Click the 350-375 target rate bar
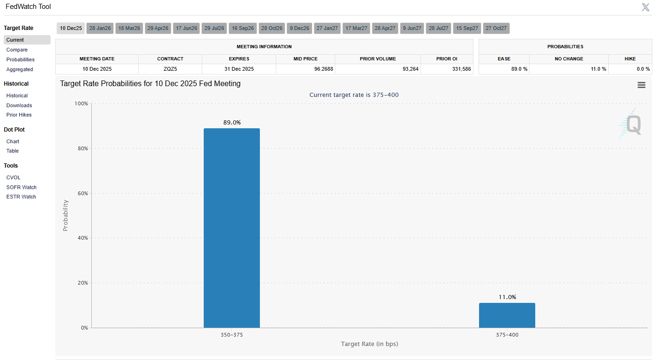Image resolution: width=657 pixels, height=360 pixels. [231, 228]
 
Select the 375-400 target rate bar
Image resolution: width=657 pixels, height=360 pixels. [507, 315]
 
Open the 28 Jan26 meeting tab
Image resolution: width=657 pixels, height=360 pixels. [100, 28]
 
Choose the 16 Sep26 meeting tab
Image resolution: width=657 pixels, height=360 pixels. [243, 28]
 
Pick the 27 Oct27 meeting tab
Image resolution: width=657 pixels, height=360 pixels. [496, 28]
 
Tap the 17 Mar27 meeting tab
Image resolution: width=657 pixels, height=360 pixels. [356, 28]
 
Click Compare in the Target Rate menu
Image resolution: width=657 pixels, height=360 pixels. [17, 50]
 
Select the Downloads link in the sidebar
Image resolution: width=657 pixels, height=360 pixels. [19, 105]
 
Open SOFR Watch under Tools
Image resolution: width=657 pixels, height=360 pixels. [22, 187]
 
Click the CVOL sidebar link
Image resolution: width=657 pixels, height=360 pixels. [14, 177]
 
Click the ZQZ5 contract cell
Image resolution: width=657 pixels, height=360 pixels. [170, 69]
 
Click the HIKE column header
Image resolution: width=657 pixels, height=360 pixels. [630, 59]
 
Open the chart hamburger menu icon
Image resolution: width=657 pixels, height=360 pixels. [642, 85]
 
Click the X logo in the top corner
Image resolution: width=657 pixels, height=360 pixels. [645, 7]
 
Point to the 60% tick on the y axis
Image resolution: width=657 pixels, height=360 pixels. [82, 193]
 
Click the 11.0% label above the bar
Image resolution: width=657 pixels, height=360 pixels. [507, 297]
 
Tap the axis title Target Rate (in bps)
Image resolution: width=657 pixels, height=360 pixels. [369, 344]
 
